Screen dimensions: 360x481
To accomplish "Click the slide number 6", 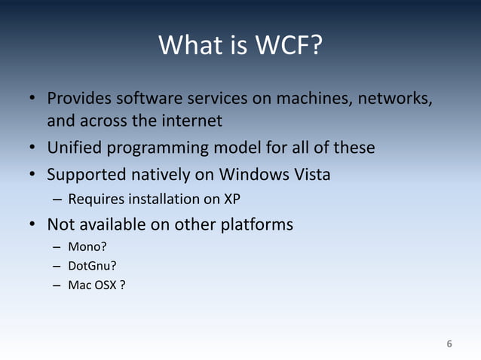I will pyautogui.click(x=449, y=344).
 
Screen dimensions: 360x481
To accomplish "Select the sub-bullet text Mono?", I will pyautogui.click(x=85, y=246).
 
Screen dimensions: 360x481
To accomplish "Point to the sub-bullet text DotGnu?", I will pyautogui.click(x=90, y=266).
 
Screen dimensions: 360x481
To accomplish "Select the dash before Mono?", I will pyautogui.click(x=57, y=246).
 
